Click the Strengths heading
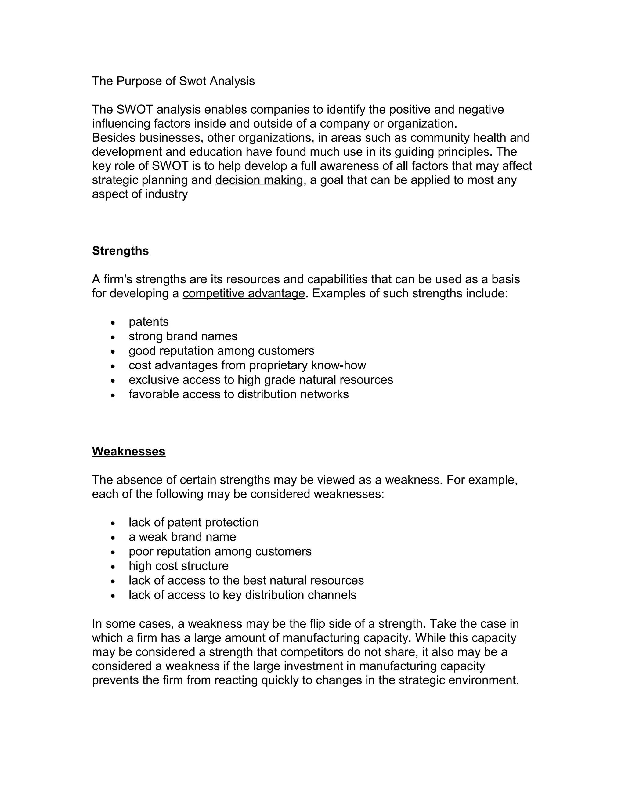[120, 251]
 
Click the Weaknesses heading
[128, 451]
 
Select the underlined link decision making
[259, 180]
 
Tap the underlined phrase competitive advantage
[244, 293]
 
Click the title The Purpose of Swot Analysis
[173, 81]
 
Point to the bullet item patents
[149, 321]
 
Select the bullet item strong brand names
[183, 336]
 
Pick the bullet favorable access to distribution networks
[238, 394]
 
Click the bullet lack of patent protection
[193, 522]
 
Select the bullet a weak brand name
[182, 537]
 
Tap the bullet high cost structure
[179, 566]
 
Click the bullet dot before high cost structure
[113, 567]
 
